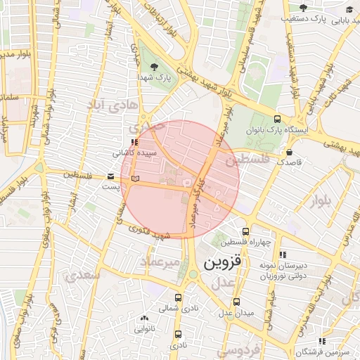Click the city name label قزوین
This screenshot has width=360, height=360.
pos(223,264)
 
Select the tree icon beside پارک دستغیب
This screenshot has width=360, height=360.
pos(304,8)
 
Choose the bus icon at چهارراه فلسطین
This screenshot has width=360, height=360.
pos(245,231)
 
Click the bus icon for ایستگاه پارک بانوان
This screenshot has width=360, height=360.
pos(277,120)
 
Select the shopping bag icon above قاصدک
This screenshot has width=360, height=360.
pos(289,152)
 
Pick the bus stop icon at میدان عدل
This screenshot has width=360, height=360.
pos(238,302)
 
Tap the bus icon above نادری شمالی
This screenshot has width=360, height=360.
pos(177,297)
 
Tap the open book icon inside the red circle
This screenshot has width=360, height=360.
pos(135,179)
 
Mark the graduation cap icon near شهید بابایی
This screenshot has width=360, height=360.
pos(349,9)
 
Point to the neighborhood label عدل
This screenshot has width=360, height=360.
pos(221,283)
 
